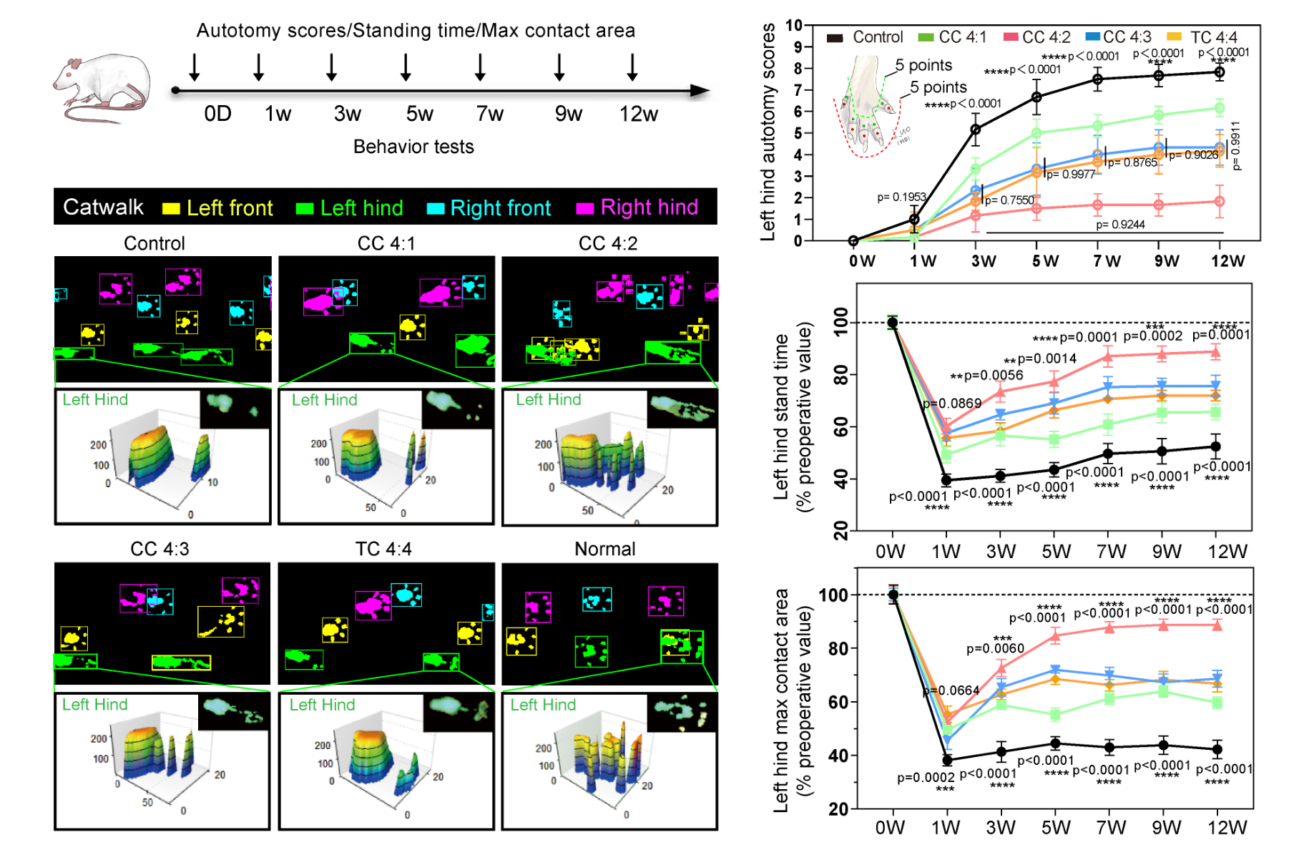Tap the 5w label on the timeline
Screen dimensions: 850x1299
click(x=420, y=114)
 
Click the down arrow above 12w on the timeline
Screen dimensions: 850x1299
click(x=632, y=67)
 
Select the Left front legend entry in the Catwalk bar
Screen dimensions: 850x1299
click(x=218, y=208)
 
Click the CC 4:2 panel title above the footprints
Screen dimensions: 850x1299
click(x=607, y=244)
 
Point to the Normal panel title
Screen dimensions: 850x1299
click(x=605, y=549)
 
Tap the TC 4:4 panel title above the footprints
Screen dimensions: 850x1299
click(x=383, y=549)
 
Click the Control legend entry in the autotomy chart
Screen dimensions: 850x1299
click(x=865, y=37)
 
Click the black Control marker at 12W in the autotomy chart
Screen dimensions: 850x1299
click(x=1220, y=72)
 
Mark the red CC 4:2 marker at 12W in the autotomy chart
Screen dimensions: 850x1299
click(x=1220, y=202)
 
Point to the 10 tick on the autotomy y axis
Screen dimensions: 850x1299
click(x=794, y=26)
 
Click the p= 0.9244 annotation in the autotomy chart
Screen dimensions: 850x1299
click(x=1120, y=225)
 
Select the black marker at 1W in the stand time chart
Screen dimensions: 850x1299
click(x=946, y=480)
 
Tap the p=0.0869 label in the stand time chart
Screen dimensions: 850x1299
click(x=952, y=404)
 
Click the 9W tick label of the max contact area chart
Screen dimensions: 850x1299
click(x=1166, y=828)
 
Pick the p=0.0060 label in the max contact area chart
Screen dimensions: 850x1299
click(x=995, y=648)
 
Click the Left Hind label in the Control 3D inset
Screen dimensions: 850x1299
click(x=95, y=400)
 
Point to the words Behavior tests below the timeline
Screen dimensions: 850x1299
click(x=413, y=147)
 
